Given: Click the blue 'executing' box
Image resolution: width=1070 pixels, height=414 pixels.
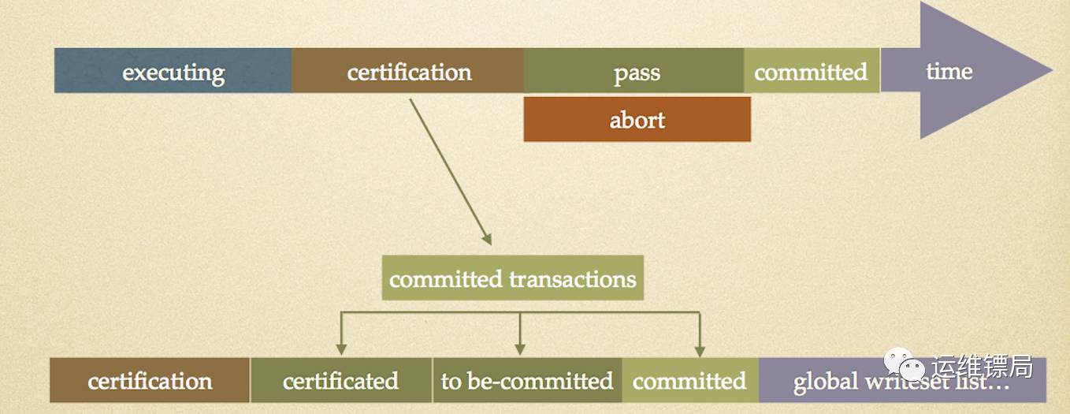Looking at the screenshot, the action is pyautogui.click(x=173, y=71).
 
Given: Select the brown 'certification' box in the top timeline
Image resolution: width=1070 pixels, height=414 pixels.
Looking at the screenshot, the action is pyautogui.click(x=407, y=71).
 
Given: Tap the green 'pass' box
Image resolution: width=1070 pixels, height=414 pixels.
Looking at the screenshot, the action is pyautogui.click(x=634, y=71).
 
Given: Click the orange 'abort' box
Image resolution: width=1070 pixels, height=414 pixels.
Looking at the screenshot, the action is pyautogui.click(x=637, y=120).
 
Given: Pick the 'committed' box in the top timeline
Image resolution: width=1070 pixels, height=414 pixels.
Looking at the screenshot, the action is pyautogui.click(x=811, y=71).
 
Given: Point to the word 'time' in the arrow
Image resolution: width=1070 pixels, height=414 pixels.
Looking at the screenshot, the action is pyautogui.click(x=949, y=71).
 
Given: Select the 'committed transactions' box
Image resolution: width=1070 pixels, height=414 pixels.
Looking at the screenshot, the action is pyautogui.click(x=512, y=278).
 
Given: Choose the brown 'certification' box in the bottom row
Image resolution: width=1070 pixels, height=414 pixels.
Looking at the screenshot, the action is pyautogui.click(x=150, y=381).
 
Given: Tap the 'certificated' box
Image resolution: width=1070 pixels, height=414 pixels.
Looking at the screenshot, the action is pyautogui.click(x=340, y=381).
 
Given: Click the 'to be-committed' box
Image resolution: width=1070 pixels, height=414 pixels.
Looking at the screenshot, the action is pyautogui.click(x=526, y=381).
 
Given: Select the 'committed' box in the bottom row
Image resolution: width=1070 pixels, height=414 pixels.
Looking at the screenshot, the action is pyautogui.click(x=689, y=381).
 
